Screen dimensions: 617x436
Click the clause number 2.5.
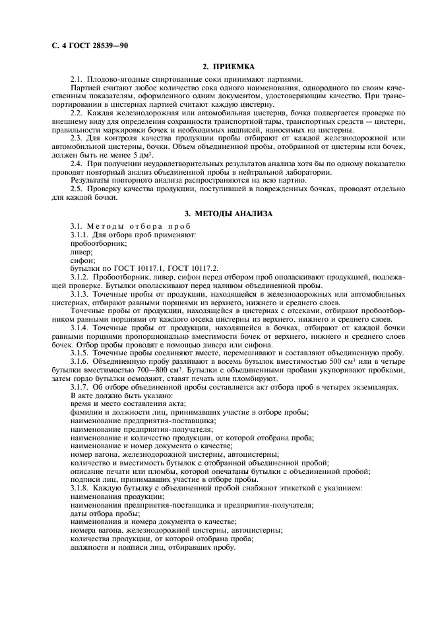pyautogui.click(x=76, y=189)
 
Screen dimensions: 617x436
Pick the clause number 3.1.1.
pyautogui.click(x=80, y=235)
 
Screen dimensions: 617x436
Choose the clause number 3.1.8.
pyautogui.click(x=80, y=488)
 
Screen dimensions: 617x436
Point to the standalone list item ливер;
pyautogui.click(x=81, y=252)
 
